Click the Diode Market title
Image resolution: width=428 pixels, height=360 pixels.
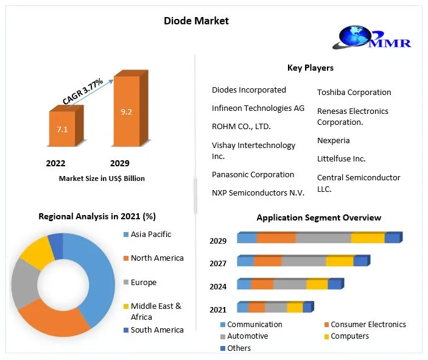pos(196,21)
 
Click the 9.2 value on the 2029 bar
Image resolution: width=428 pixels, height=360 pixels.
pos(127,112)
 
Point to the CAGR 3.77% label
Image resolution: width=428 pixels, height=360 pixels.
pos(83,92)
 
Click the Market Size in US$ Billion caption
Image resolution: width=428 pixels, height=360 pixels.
pos(102,178)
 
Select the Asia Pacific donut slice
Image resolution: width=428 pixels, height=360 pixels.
pos(97,274)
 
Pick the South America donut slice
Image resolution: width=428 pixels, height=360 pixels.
pos(55,244)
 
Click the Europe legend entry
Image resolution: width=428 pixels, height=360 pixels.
pos(143,283)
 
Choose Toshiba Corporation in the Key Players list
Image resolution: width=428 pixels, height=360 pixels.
pos(354,93)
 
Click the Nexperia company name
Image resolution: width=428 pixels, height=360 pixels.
pos(333,140)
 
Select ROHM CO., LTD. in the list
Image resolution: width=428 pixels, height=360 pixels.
pos(241,127)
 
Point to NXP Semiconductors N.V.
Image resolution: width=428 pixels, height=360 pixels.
pos(258,192)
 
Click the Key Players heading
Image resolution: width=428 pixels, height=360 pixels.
pos(310,68)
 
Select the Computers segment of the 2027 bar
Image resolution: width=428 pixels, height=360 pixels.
pos(339,261)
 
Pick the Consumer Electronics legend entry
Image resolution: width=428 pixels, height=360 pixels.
pos(368,325)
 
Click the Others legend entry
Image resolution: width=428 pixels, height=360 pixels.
pos(239,348)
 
